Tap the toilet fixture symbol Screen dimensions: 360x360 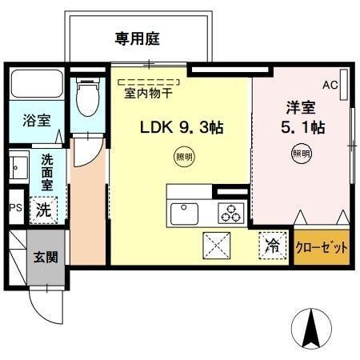(84, 99)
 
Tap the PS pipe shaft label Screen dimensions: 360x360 (14, 207)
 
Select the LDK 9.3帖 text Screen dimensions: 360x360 (182, 126)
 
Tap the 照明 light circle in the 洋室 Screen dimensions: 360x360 (301, 153)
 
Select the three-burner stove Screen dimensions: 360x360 (232, 214)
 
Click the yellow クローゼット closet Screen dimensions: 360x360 (322, 247)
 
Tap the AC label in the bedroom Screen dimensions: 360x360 (330, 84)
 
